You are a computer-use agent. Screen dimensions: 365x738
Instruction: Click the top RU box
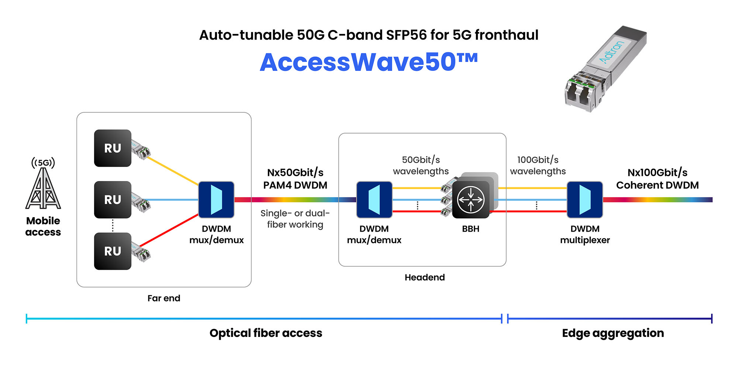point(113,148)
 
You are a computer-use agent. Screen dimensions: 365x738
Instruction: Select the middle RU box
point(113,199)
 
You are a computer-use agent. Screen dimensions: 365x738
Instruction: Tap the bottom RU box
point(113,251)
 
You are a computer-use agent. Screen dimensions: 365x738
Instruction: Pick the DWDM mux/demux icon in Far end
point(216,199)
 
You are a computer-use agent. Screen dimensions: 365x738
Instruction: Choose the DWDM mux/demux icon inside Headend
point(374,199)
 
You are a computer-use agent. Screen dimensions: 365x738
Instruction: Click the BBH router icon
point(471,200)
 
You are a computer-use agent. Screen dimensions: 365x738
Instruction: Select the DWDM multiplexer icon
point(585,199)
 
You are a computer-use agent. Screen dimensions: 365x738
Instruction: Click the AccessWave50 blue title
point(369,62)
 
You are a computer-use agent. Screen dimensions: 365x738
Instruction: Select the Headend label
point(425,277)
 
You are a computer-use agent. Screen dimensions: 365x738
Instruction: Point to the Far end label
point(164,298)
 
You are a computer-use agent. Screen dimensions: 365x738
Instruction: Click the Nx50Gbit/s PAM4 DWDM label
point(295,179)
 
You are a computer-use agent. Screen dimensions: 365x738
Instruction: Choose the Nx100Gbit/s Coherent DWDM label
point(657,179)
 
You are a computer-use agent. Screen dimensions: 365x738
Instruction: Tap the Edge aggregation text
point(613,333)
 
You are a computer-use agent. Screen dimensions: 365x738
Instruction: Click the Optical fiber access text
point(266,333)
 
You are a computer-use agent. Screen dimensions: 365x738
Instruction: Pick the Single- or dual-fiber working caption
point(295,219)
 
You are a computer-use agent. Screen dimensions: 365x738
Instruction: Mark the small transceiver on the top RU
point(141,149)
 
